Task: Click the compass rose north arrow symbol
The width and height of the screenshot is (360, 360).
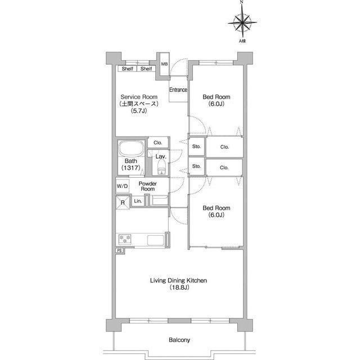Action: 242,22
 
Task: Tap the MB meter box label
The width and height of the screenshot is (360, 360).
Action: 164,64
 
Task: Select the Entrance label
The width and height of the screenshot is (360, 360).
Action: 178,89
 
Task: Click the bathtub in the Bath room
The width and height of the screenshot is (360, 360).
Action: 131,148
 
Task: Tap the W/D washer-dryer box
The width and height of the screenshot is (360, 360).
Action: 123,186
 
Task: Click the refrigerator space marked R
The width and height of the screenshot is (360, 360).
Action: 123,202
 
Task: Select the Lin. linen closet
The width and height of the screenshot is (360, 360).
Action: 138,201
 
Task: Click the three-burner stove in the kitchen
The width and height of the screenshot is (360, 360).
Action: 125,239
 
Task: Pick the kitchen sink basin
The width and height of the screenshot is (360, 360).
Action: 155,240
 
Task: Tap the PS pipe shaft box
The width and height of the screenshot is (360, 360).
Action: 120,250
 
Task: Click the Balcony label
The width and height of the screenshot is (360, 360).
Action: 179,340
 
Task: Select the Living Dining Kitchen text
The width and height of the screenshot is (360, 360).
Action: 178,280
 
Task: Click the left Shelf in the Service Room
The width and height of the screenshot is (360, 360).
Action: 128,69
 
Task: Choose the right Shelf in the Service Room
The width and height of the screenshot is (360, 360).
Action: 146,69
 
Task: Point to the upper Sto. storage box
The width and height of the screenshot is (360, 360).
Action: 196,146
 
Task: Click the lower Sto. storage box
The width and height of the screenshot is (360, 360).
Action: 196,166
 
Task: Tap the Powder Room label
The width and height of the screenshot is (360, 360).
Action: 147,186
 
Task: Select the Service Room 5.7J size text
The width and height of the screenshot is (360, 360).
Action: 139,111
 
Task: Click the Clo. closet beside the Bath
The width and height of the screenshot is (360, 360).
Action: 157,142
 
